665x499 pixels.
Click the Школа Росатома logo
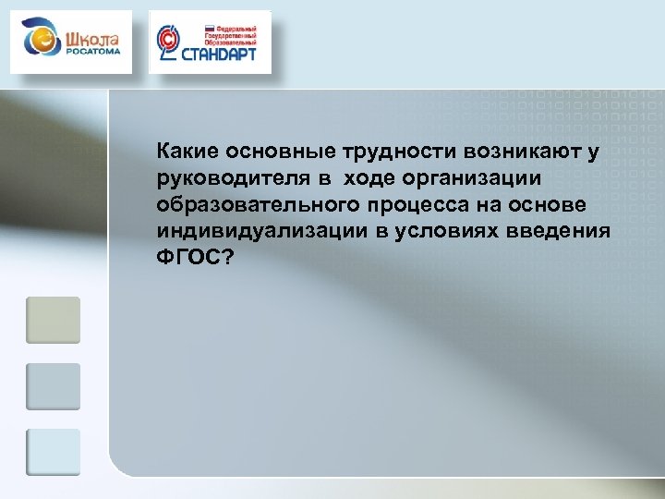pyautogui.click(x=71, y=43)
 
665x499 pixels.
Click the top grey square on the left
pyautogui.click(x=53, y=320)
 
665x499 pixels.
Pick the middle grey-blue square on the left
pyautogui.click(x=53, y=386)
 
